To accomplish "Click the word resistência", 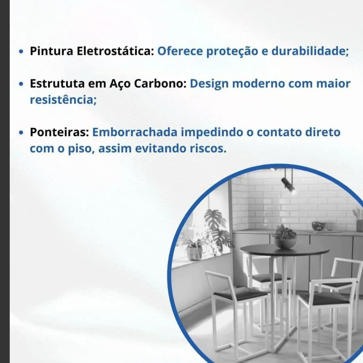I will (x=63, y=100).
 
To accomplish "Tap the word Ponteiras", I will (x=59, y=132).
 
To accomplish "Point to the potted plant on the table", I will (x=284, y=237).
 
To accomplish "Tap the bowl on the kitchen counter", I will (x=319, y=226).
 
